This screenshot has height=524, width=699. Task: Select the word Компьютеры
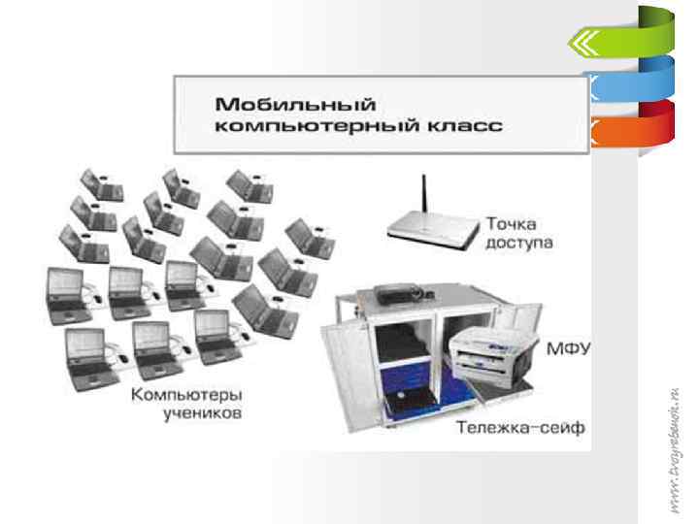pyautogui.click(x=186, y=396)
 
